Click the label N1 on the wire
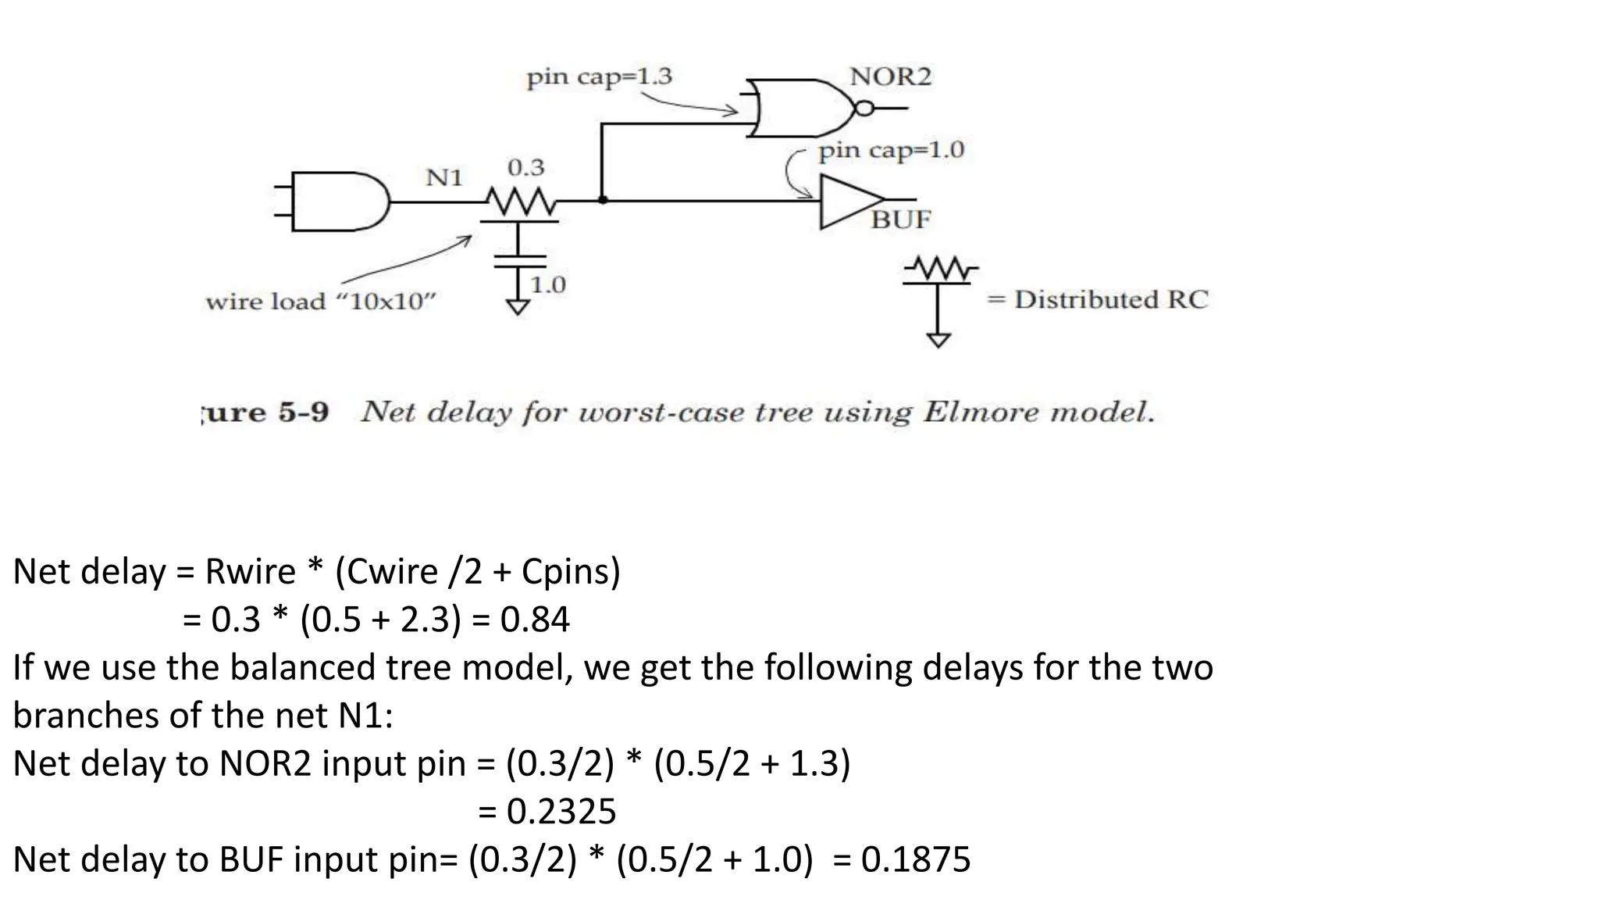tap(444, 178)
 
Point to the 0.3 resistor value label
tap(525, 167)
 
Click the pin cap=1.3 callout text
tap(599, 77)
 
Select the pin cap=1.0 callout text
tap(891, 150)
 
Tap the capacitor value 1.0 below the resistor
tap(547, 285)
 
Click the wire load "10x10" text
tap(320, 302)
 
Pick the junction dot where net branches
tap(602, 200)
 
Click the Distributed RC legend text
tap(1110, 299)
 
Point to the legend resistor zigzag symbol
tap(940, 270)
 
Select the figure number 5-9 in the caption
tap(303, 412)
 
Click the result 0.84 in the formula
tap(535, 620)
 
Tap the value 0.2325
tap(561, 811)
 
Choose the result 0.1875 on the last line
tap(916, 859)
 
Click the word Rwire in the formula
tap(250, 571)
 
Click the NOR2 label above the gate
tap(890, 77)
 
